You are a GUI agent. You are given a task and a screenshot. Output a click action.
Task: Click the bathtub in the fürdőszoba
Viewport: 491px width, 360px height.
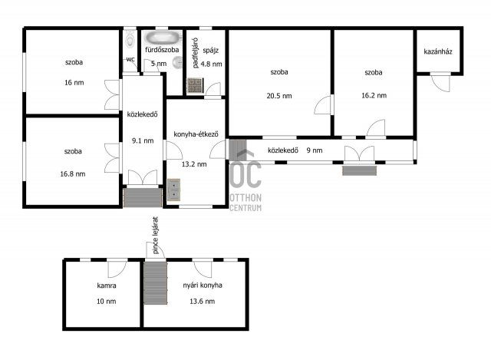pos(163,38)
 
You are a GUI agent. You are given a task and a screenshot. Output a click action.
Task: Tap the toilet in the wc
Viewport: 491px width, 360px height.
pos(130,39)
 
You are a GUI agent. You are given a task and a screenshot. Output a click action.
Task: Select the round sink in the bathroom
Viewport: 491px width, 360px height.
pos(177,63)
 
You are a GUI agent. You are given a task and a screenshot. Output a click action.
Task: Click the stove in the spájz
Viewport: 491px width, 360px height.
pos(195,85)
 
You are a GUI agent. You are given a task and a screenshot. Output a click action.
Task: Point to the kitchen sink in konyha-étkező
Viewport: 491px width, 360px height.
pos(173,190)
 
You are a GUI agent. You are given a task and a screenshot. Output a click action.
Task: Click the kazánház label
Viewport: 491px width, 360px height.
pos(438,51)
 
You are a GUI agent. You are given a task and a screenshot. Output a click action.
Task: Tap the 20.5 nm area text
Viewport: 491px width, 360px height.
pos(279,96)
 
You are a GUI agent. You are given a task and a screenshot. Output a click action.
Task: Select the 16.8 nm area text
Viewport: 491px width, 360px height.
pos(73,174)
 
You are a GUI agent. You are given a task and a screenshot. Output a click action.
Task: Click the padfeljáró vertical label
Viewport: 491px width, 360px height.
pos(195,53)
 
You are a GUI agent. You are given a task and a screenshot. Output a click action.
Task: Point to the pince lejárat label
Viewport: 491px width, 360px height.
pos(156,236)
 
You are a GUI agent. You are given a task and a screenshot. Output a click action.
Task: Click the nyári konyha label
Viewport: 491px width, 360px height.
pos(203,286)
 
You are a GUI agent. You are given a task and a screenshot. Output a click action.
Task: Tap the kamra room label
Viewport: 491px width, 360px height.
pos(107,286)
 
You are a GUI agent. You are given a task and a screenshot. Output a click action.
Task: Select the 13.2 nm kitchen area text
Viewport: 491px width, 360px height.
pos(194,164)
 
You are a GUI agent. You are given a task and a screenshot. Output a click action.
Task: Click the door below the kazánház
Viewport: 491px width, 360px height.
pos(440,82)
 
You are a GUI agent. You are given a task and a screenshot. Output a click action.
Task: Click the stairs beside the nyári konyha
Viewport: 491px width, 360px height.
pos(155,283)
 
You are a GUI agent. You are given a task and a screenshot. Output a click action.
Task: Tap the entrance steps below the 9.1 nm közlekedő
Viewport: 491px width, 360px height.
pos(143,197)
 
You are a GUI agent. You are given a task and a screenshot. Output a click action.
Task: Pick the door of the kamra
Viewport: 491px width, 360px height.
pos(117,269)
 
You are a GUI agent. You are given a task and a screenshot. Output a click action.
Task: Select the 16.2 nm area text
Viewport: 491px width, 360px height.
pos(374,95)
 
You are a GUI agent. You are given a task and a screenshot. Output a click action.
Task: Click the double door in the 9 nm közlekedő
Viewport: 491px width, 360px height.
pos(359,154)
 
